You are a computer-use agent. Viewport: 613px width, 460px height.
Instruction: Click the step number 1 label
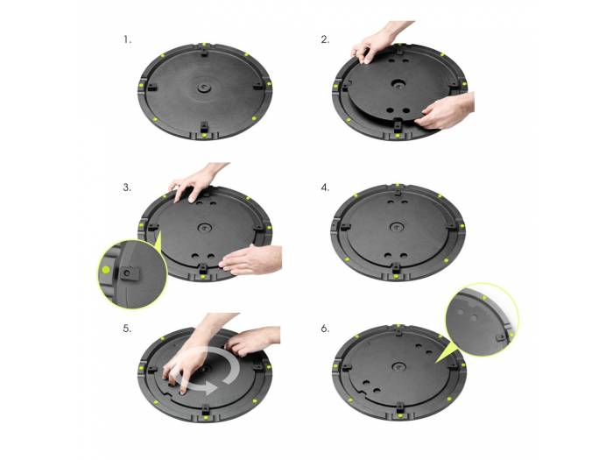128,40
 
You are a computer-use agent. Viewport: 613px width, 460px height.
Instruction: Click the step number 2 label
325,40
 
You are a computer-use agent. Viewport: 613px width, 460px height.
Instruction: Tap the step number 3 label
128,187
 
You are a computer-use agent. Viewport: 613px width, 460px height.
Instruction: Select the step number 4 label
325,187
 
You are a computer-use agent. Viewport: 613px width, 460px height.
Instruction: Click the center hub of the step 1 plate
203,87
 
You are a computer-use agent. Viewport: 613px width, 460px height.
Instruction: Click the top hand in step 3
197,181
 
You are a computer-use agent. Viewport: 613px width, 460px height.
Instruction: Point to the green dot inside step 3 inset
106,271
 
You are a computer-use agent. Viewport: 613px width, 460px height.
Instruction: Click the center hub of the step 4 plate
399,230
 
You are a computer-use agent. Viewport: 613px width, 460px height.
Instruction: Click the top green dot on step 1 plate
203,43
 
